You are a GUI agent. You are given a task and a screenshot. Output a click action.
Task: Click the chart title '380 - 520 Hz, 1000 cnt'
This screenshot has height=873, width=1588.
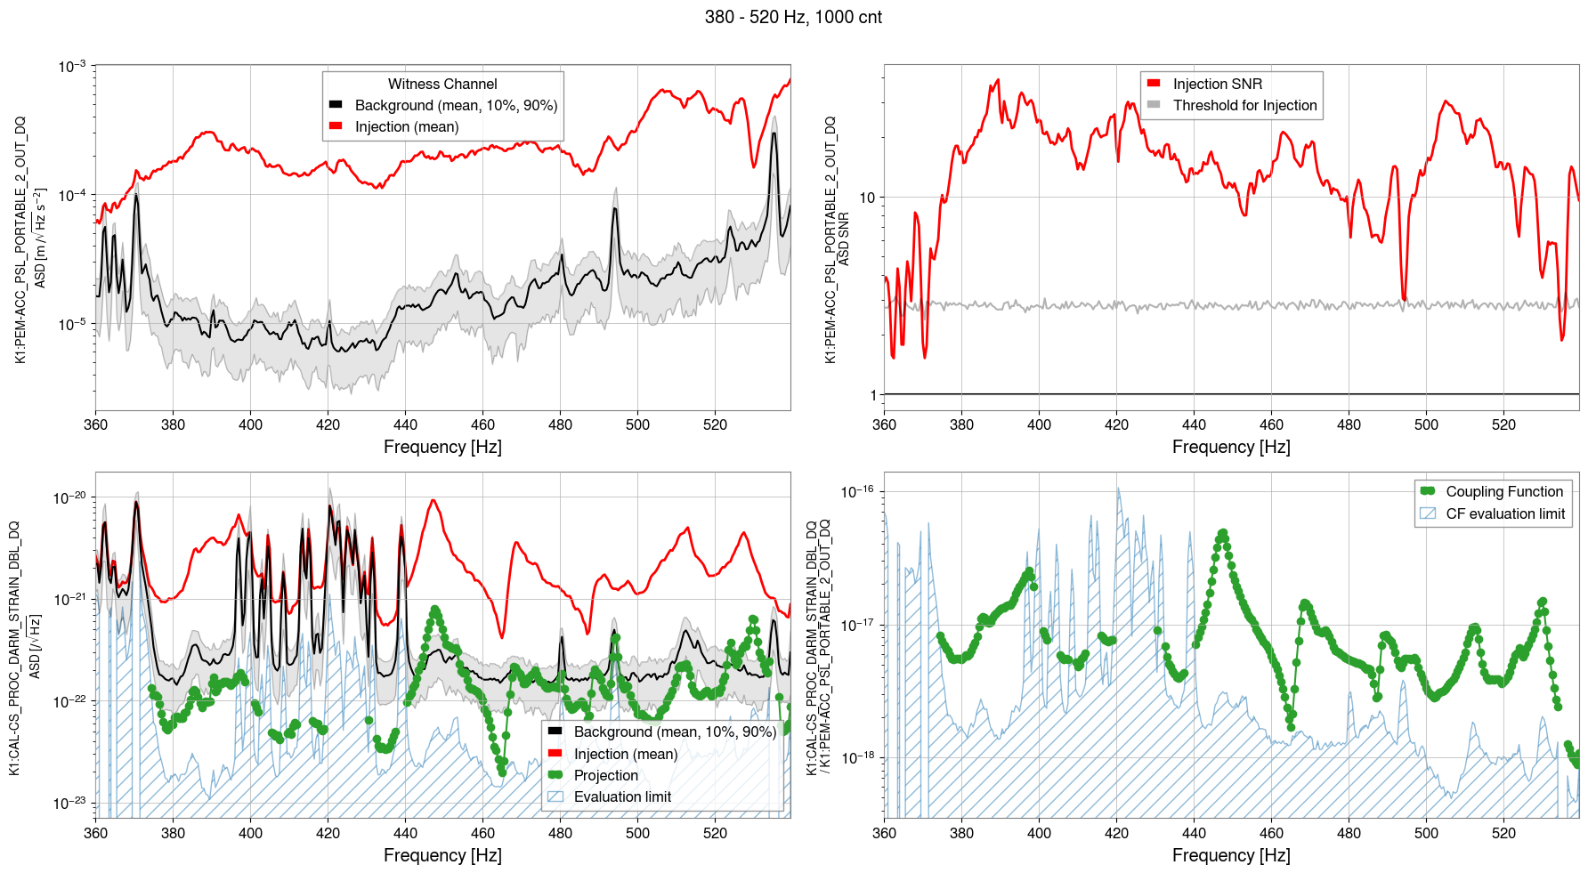pyautogui.click(x=793, y=17)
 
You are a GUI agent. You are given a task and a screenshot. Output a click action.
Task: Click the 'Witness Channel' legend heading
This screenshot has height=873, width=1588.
pyautogui.click(x=442, y=84)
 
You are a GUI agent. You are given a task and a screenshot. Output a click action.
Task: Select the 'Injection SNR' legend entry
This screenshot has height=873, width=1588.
pyautogui.click(x=1217, y=84)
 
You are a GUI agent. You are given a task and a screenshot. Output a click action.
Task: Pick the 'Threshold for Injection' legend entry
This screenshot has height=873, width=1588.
pyautogui.click(x=1244, y=105)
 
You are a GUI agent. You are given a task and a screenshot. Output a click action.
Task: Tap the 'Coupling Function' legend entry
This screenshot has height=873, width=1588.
pyautogui.click(x=1503, y=491)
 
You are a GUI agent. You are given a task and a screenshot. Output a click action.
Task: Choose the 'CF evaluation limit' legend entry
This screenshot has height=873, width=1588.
pyautogui.click(x=1504, y=513)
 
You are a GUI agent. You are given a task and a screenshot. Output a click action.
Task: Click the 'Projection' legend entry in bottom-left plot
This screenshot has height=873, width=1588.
pyautogui.click(x=605, y=775)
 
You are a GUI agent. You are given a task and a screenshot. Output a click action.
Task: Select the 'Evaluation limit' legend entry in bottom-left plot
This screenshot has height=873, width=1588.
pyautogui.click(x=622, y=796)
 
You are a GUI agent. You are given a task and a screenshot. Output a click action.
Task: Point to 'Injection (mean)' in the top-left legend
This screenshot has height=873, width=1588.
pyautogui.click(x=407, y=126)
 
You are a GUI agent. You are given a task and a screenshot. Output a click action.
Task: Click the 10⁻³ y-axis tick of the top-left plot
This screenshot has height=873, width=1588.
pyautogui.click(x=72, y=67)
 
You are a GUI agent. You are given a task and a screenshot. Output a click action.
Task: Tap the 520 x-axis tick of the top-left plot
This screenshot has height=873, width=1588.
pyautogui.click(x=715, y=424)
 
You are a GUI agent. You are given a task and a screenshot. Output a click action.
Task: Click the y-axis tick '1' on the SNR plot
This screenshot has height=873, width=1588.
pyautogui.click(x=873, y=395)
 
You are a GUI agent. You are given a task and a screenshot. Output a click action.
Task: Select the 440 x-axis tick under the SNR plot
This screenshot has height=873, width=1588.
pyautogui.click(x=1194, y=424)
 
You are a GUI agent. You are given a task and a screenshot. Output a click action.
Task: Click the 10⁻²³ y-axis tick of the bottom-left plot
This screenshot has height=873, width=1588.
pyautogui.click(x=69, y=803)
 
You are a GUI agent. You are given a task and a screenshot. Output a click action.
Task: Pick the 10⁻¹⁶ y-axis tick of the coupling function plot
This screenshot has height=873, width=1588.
pyautogui.click(x=857, y=492)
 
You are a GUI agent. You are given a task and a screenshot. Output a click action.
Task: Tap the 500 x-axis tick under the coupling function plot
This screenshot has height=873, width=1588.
pyautogui.click(x=1426, y=833)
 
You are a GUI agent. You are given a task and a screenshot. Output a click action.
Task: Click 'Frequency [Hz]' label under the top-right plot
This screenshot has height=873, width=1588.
pyautogui.click(x=1231, y=447)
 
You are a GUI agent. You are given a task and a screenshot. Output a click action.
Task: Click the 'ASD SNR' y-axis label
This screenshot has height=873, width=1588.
pyautogui.click(x=844, y=238)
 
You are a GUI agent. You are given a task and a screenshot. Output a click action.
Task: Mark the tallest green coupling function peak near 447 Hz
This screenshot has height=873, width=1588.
pyautogui.click(x=1223, y=534)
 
